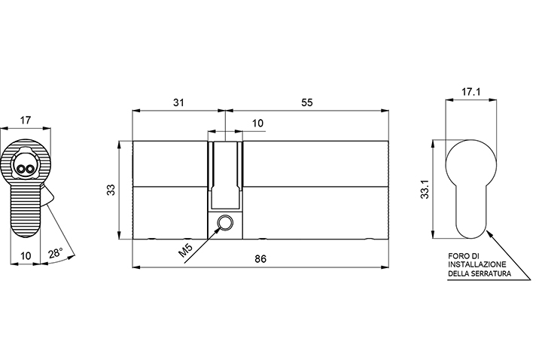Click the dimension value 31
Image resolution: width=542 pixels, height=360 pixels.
click(178, 102)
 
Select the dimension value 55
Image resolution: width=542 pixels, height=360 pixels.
click(307, 102)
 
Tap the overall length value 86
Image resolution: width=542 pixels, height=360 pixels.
click(260, 259)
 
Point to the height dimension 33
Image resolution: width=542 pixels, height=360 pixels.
click(111, 190)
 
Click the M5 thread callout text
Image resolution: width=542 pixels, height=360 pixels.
click(187, 251)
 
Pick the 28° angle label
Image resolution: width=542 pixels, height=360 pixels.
click(55, 253)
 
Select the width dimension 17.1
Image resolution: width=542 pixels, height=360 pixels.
click(471, 92)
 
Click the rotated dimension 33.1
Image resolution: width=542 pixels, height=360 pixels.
click(425, 189)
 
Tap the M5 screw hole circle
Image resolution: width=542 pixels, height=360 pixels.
click(225, 221)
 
